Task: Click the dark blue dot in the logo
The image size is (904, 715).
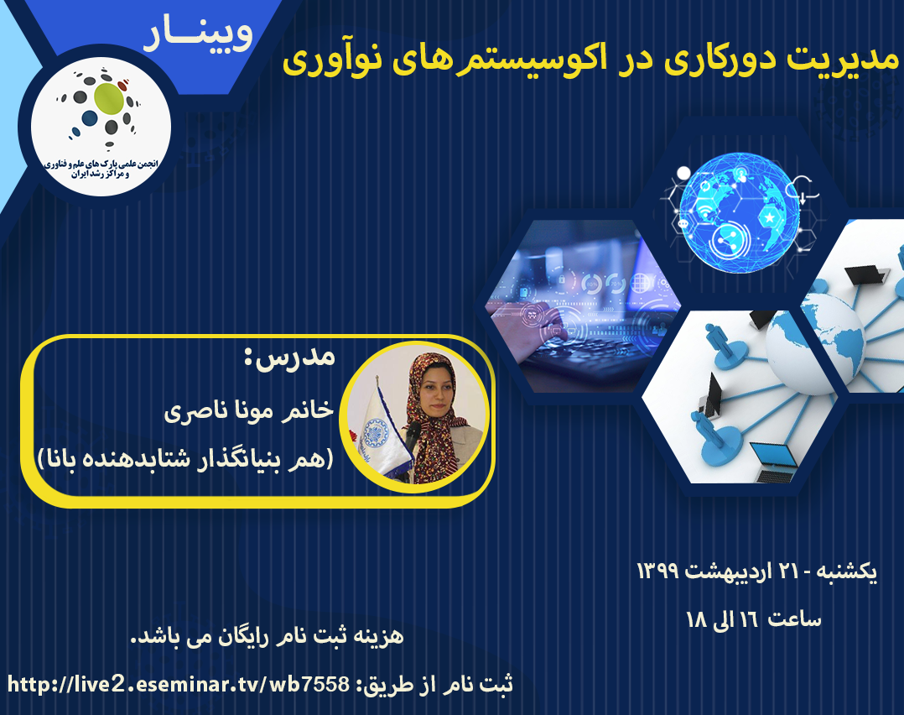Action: [89, 117]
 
